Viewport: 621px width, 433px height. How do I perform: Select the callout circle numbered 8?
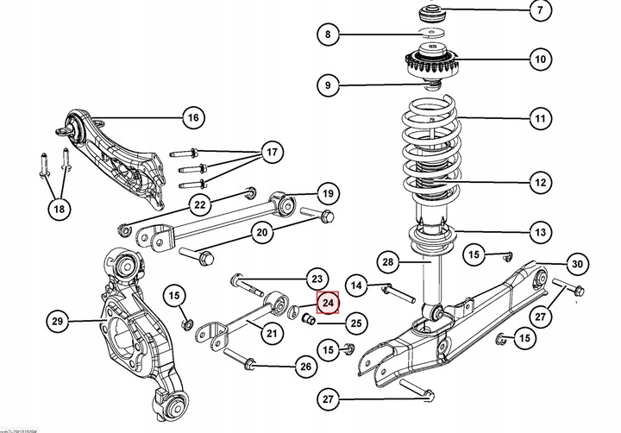(328, 35)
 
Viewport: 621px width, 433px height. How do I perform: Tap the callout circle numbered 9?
(328, 85)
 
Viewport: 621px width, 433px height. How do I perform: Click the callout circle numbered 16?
(192, 117)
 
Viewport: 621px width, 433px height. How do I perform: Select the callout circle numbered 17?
(273, 154)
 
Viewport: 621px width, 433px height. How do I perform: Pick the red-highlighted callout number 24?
(328, 304)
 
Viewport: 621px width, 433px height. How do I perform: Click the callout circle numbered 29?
(59, 323)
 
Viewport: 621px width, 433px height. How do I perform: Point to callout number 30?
(577, 264)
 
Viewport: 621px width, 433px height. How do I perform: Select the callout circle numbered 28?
(387, 262)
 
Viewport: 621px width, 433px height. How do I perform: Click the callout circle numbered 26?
(304, 367)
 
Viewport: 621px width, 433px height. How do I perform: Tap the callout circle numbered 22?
(200, 204)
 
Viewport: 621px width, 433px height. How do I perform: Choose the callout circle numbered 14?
(356, 284)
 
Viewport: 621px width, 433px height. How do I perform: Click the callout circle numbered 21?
(273, 333)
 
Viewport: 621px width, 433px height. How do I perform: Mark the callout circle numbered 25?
(356, 323)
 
